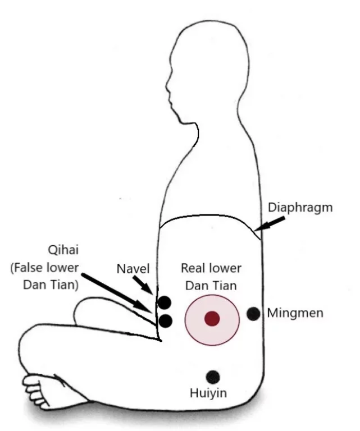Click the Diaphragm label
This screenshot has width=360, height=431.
300,208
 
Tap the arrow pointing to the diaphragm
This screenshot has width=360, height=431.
270,223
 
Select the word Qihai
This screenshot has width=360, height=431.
63,250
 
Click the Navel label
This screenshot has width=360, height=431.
133,269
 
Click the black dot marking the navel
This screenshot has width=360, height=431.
165,302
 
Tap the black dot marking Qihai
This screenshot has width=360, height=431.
165,321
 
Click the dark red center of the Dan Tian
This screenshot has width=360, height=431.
212,319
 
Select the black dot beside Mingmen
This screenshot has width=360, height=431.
253,314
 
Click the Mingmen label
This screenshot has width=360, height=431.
295,313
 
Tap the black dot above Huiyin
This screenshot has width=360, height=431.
213,377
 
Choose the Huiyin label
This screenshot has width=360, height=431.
208,393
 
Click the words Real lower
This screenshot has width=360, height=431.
211,268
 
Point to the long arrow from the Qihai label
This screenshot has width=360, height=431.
117,294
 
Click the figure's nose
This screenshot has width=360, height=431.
167,84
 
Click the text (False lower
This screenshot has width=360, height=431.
44,268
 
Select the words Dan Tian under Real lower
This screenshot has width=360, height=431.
211,286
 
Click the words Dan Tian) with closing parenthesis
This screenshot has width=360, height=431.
51,285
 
